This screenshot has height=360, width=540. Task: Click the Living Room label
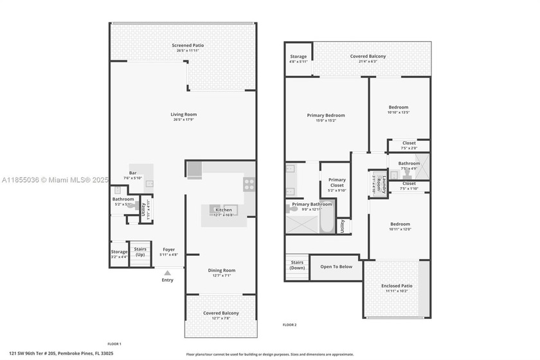click(183, 115)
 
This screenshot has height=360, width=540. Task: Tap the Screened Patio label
click(183, 45)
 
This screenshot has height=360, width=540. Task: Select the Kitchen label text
click(223, 210)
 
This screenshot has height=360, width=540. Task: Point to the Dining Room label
click(221, 271)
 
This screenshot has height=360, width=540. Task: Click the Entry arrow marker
click(167, 274)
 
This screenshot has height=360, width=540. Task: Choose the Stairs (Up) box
click(139, 251)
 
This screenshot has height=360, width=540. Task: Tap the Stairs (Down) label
click(296, 265)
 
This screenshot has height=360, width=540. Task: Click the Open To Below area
click(336, 267)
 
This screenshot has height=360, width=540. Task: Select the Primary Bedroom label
click(325, 116)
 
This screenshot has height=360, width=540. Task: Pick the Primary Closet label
click(337, 183)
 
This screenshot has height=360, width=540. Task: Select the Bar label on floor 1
click(133, 173)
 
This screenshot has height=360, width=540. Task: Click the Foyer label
click(168, 250)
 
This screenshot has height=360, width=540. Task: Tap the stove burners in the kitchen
click(249, 185)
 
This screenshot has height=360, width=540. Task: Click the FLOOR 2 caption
click(290, 325)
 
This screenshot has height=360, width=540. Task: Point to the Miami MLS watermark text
click(55, 179)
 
